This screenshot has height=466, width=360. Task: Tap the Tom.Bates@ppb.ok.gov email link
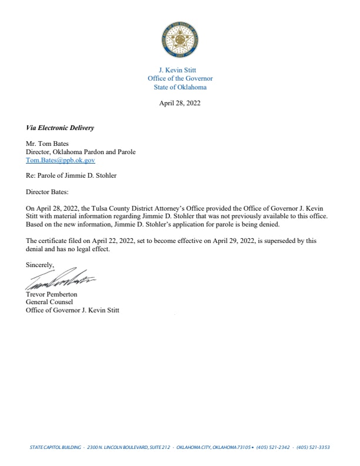[61, 159]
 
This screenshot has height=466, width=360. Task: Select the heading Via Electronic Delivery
[60, 128]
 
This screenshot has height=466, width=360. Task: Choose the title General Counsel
[49, 302]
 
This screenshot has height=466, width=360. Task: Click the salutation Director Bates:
[47, 192]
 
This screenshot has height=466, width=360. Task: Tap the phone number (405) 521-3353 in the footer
[314, 447]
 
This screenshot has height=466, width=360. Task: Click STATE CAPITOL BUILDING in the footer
[55, 447]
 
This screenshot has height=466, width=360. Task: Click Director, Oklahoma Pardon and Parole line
[81, 152]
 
